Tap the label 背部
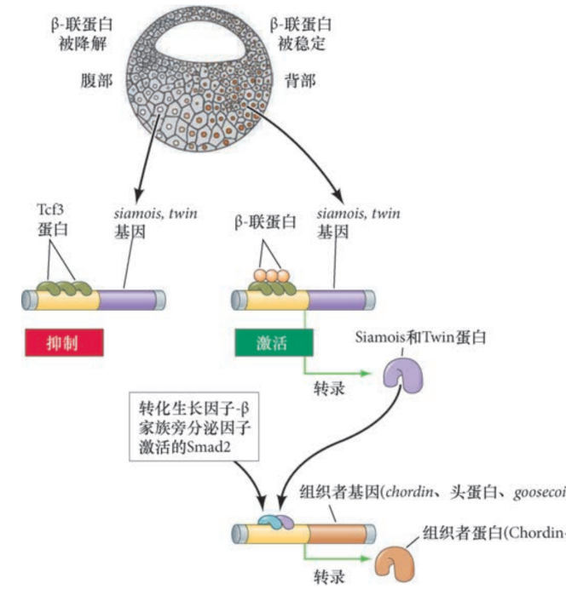click(x=299, y=82)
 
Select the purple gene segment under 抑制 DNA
click(x=128, y=299)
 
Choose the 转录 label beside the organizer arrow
click(x=329, y=575)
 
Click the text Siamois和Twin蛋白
click(x=419, y=337)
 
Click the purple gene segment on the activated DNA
click(x=338, y=299)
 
